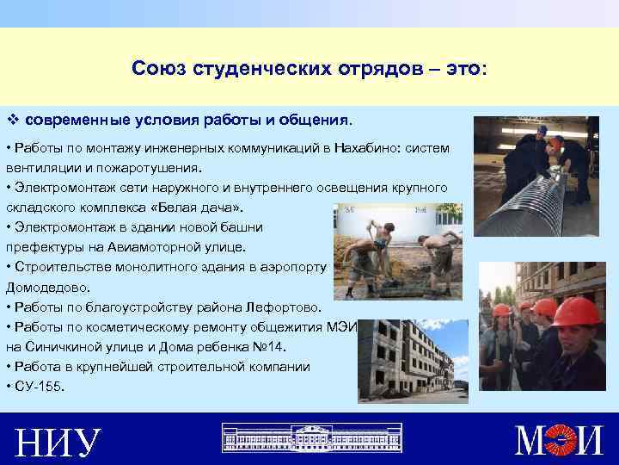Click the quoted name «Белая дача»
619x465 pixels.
[204, 208]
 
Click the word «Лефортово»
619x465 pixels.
[284, 307]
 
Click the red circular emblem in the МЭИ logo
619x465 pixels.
[562, 440]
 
